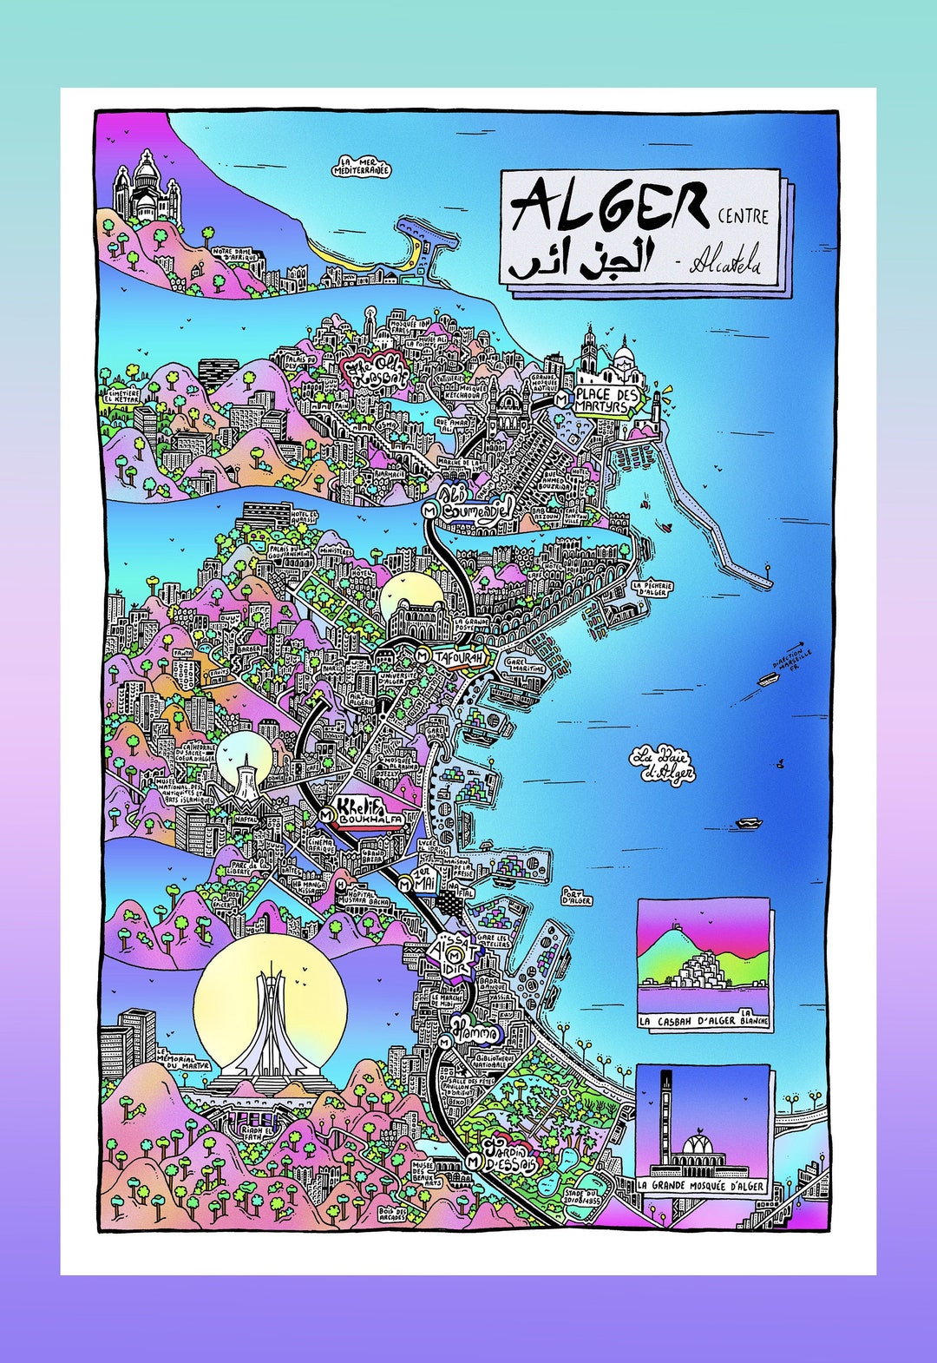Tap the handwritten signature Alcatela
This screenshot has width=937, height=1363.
[x=724, y=263]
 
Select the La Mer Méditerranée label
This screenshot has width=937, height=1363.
[x=361, y=167]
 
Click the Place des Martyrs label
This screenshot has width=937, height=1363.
[x=606, y=400]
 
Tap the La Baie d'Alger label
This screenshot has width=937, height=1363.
[x=663, y=764]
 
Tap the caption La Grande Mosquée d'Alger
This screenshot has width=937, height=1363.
[x=702, y=1186]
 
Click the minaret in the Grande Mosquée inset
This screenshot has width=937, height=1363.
[x=666, y=1120]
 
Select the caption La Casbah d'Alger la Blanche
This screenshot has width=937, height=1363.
[x=704, y=1022]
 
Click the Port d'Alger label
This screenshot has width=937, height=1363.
[x=576, y=896]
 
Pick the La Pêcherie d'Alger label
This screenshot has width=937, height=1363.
[x=652, y=590]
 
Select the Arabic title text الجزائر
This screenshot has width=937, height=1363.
[x=580, y=260]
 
